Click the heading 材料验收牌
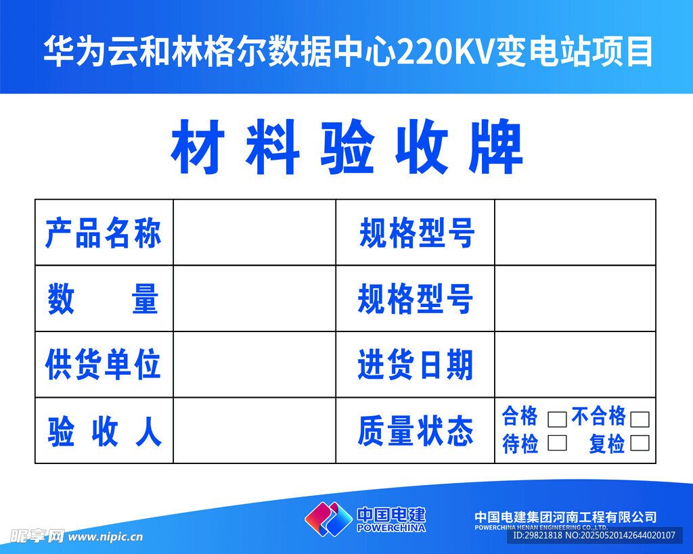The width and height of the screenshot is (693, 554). coord(347,147)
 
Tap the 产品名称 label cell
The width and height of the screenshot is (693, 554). coord(104,233)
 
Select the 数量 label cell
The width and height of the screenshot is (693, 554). coord(104,299)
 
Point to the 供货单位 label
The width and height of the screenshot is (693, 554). coord(103,364)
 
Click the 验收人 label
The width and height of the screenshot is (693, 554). coord(105,431)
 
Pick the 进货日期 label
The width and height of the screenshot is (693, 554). coord(416,364)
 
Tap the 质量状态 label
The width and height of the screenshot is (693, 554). coord(416,431)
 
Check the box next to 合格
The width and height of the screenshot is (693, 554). coord(557,419)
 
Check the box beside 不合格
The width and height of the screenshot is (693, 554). coord(640,419)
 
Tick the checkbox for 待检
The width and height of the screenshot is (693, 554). coord(557,442)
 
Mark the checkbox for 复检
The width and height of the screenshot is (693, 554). coord(640,442)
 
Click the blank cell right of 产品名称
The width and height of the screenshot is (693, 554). coord(254,233)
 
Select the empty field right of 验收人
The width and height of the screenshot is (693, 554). coord(254,430)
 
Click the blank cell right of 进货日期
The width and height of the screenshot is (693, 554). coord(575,365)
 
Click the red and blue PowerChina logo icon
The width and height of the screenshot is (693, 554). coord(328,519)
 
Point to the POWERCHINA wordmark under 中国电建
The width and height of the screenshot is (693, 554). coord(391,528)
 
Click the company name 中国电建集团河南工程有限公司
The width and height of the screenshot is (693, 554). coord(565,517)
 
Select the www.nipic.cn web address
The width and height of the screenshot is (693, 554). coord(106,537)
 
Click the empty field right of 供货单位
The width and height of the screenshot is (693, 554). coord(254,365)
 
